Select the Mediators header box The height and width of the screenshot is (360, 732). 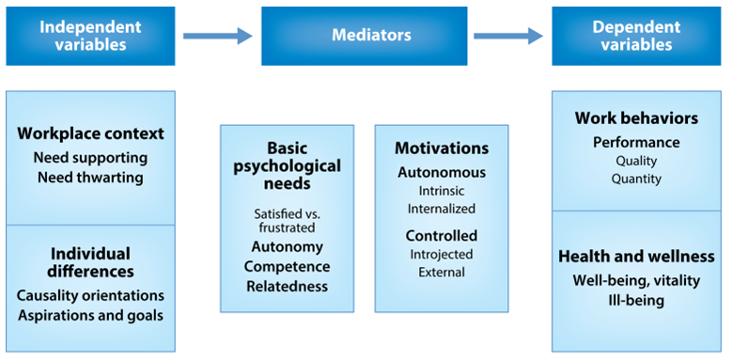(x=371, y=35)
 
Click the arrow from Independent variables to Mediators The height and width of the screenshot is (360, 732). (x=217, y=36)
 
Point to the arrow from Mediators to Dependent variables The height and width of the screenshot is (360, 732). (x=508, y=36)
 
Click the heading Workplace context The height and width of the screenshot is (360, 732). (x=90, y=133)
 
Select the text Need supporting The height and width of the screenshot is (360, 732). (x=90, y=157)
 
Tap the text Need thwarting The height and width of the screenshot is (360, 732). (x=90, y=177)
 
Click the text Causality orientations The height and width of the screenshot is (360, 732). (x=90, y=295)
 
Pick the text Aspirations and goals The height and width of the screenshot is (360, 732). (x=90, y=315)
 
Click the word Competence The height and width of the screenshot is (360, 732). (x=287, y=267)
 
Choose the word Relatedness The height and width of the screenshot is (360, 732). (x=287, y=287)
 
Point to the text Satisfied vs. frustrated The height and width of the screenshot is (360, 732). (x=287, y=220)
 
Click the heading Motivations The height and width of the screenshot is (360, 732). (x=442, y=149)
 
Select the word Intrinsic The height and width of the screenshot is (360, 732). (x=442, y=191)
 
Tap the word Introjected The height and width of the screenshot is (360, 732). (x=442, y=254)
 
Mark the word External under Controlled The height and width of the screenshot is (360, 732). (x=442, y=273)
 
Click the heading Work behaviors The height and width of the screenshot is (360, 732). (x=636, y=118)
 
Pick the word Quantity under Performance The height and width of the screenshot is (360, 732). (x=636, y=179)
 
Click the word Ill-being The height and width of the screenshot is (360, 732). (x=636, y=301)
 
